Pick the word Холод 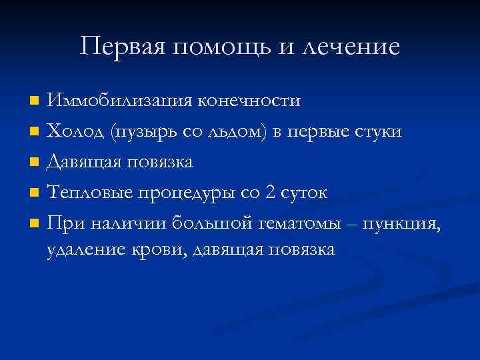[x=75, y=131]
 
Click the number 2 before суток [x=271, y=193]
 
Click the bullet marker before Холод [x=34, y=132]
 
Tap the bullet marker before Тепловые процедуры [x=34, y=193]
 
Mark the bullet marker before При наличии [x=34, y=224]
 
